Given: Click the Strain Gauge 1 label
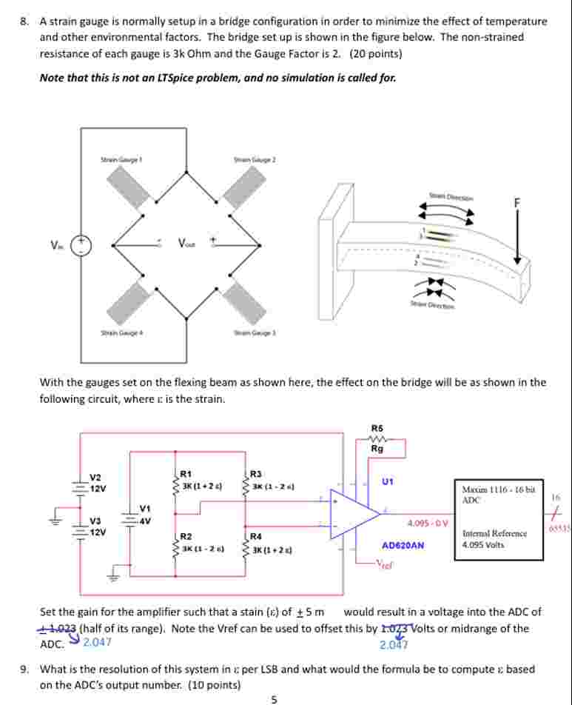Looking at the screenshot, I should coord(121,159).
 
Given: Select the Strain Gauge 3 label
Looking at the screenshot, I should coord(255,333).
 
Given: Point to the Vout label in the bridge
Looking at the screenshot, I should coord(186,243).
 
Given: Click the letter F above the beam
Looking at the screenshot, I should coord(508,202).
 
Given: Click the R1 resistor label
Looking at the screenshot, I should coord(186,473).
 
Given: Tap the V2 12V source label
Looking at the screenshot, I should coord(98,483).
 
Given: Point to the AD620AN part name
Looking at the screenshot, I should coord(403,545).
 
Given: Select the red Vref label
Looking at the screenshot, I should coord(384,564).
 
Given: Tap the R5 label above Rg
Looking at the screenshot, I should coord(377,428).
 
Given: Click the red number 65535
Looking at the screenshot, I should coord(559,528).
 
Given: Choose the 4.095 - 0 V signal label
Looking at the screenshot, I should coord(428,524).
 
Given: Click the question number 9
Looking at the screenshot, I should coord(25,669).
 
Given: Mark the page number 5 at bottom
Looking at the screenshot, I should coord(275,698).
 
